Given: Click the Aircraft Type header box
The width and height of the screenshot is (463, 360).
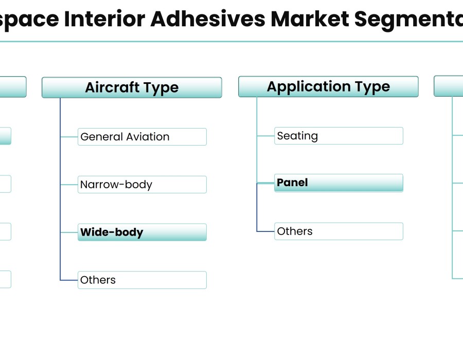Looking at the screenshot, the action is [x=132, y=87].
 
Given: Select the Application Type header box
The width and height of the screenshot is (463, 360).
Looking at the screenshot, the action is [x=328, y=86].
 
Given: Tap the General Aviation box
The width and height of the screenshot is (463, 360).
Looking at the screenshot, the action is [x=142, y=137].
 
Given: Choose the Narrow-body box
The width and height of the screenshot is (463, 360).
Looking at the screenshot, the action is [x=142, y=185].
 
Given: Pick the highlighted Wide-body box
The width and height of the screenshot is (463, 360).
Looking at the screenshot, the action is [x=142, y=232].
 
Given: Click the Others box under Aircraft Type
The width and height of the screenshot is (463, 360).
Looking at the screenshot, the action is [x=142, y=280].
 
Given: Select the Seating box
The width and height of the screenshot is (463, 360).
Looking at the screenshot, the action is [x=339, y=136].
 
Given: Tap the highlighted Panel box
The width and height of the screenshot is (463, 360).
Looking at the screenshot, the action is [x=339, y=183].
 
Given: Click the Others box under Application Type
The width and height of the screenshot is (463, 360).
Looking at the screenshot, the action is [x=339, y=231].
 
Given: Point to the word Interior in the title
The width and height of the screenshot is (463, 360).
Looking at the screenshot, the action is [x=104, y=19].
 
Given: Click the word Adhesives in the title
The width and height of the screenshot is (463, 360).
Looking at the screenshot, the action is [x=208, y=19].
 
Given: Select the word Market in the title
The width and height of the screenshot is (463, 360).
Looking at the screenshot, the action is [x=310, y=19].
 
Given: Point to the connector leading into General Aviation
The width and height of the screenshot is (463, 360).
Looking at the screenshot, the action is [x=69, y=137].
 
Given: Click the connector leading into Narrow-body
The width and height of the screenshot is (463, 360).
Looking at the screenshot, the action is [x=69, y=185].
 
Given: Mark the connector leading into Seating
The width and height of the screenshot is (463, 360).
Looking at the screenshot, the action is [x=266, y=136].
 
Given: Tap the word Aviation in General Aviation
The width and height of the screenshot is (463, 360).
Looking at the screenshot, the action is [x=148, y=137].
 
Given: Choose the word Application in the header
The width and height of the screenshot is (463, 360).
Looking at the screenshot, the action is [x=309, y=87].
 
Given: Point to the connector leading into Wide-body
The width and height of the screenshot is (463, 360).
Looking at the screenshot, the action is [x=69, y=232].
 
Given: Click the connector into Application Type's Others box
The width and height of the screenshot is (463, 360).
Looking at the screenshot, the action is [x=266, y=231].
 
